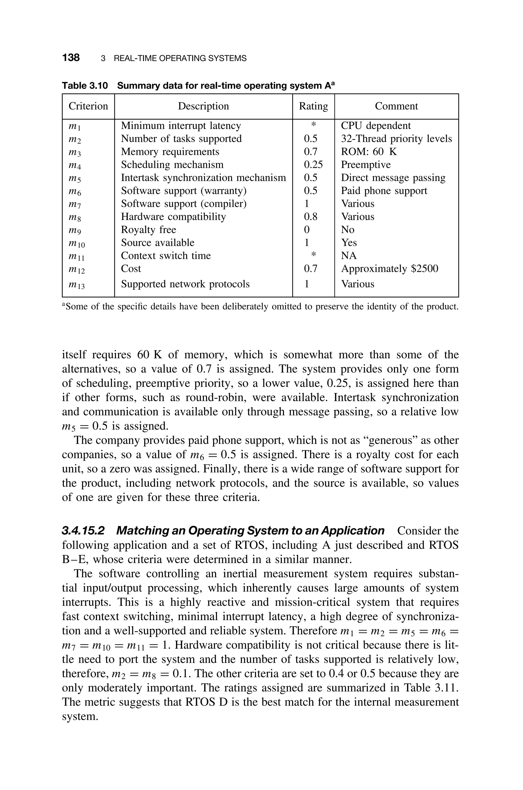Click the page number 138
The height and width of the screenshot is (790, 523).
71,58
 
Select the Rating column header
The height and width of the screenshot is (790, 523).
313,106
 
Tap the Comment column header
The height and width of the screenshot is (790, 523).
396,106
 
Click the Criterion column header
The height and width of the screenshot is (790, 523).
88,106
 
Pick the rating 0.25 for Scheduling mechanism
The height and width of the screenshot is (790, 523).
313,165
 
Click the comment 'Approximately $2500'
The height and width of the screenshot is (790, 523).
389,269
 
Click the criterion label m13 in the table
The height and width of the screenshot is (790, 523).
76,285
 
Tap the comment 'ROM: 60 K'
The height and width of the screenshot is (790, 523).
369,152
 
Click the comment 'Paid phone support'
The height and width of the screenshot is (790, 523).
384,191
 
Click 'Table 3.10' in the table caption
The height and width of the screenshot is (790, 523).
85,86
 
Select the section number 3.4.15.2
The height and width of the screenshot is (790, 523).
83,530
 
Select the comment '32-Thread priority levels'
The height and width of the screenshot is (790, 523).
396,139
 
